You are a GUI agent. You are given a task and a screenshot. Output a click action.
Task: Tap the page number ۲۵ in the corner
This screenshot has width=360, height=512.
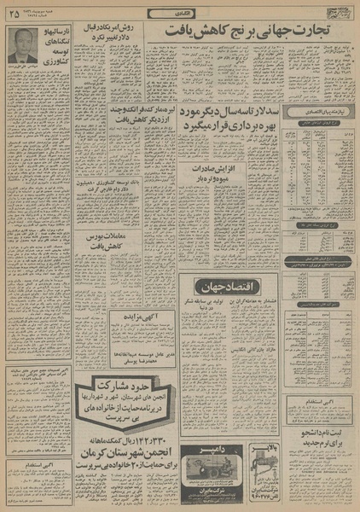click(13, 12)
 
